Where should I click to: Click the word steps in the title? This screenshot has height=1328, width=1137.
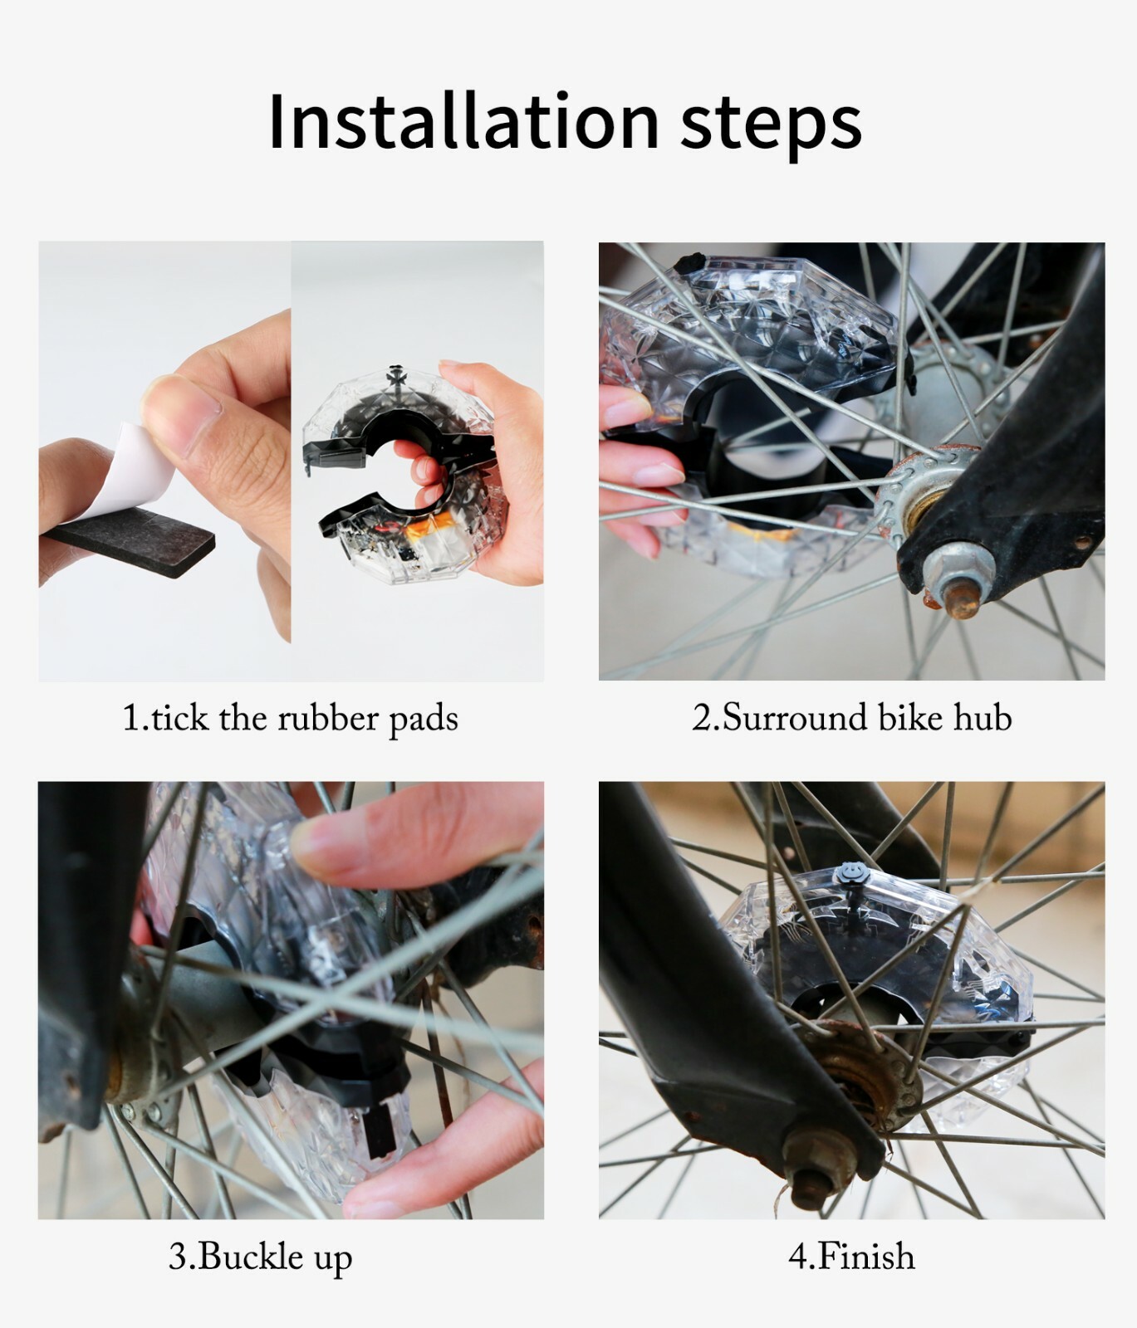point(770,127)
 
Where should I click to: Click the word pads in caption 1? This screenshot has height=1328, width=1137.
point(424,720)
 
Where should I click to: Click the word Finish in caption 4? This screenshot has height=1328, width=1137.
point(865,1257)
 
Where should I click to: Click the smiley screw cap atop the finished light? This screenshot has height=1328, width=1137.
point(849,873)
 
